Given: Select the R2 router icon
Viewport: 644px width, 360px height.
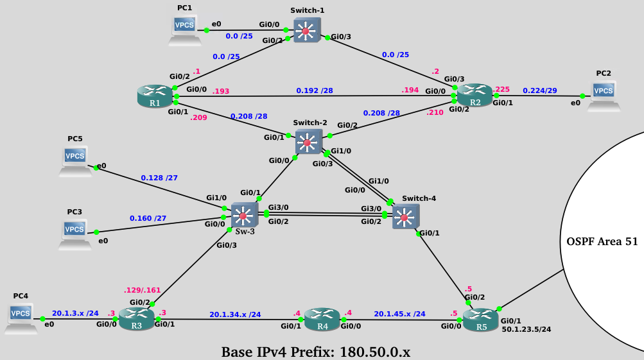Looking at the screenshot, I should point(474,96).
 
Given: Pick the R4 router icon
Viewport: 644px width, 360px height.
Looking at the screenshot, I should point(321,318).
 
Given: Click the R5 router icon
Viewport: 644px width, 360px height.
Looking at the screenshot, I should point(480,319).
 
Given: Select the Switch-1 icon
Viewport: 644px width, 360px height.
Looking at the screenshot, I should point(306,31).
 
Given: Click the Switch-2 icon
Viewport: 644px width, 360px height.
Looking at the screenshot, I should point(308,141).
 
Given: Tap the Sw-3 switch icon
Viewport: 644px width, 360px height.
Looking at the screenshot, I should point(243,215).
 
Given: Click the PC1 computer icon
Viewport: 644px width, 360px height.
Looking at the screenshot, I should point(184,29).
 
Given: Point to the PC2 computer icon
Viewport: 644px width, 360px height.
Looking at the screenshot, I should point(603,95).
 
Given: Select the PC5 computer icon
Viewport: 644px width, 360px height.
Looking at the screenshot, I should point(75,160).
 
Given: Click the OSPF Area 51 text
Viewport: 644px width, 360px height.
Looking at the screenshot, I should point(602,242).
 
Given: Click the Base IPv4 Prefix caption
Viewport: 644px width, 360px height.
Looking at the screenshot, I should point(315,352).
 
